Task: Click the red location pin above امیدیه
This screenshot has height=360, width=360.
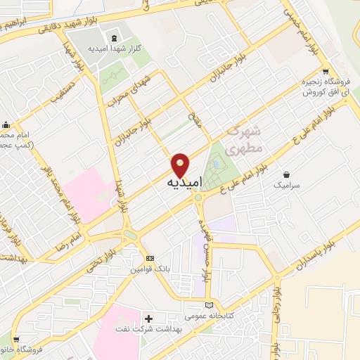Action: [181, 164]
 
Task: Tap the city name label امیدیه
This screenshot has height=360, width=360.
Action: [184, 182]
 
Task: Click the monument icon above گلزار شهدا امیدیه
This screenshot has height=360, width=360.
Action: [115, 37]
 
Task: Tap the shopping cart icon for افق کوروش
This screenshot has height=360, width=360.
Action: [325, 71]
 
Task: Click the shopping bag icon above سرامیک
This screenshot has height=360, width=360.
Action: [287, 175]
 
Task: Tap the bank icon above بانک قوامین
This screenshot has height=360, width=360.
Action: [150, 258]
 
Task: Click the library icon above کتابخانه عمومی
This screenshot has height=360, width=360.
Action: [208, 305]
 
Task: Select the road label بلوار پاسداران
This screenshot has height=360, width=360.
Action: [300, 256]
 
